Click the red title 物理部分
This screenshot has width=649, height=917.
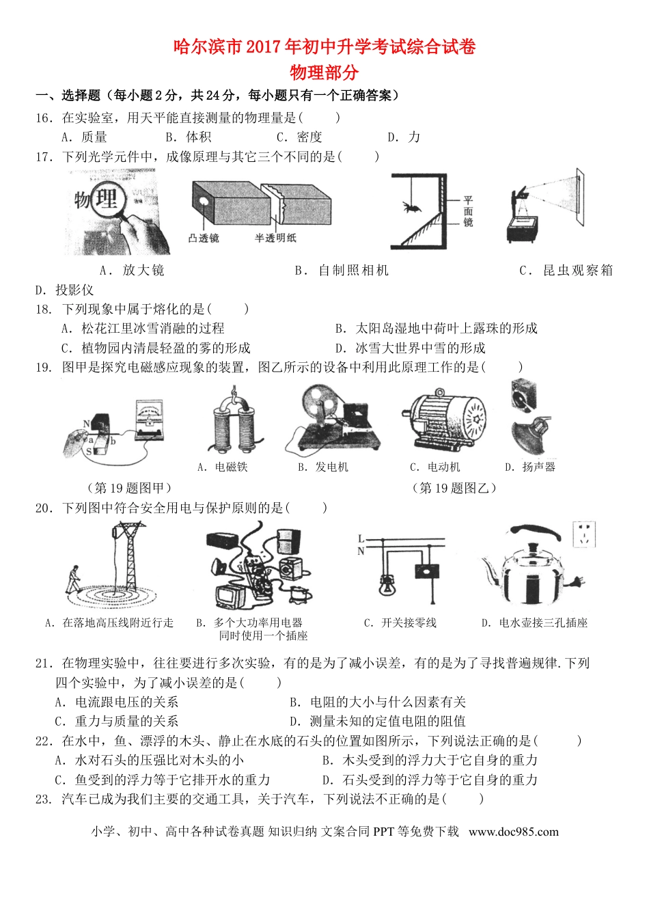(x=324, y=72)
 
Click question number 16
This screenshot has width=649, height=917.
(x=44, y=118)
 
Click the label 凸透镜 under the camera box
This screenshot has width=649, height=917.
(x=204, y=238)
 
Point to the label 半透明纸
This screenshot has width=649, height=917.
(x=275, y=238)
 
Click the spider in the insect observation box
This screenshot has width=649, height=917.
(x=412, y=205)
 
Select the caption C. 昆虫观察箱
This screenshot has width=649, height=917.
(x=566, y=270)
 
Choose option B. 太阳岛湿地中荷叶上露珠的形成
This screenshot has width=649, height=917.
(x=437, y=328)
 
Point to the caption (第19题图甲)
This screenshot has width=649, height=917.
(x=129, y=487)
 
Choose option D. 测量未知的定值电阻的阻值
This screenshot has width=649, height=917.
(x=378, y=721)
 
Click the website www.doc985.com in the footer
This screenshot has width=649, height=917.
(x=514, y=832)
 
